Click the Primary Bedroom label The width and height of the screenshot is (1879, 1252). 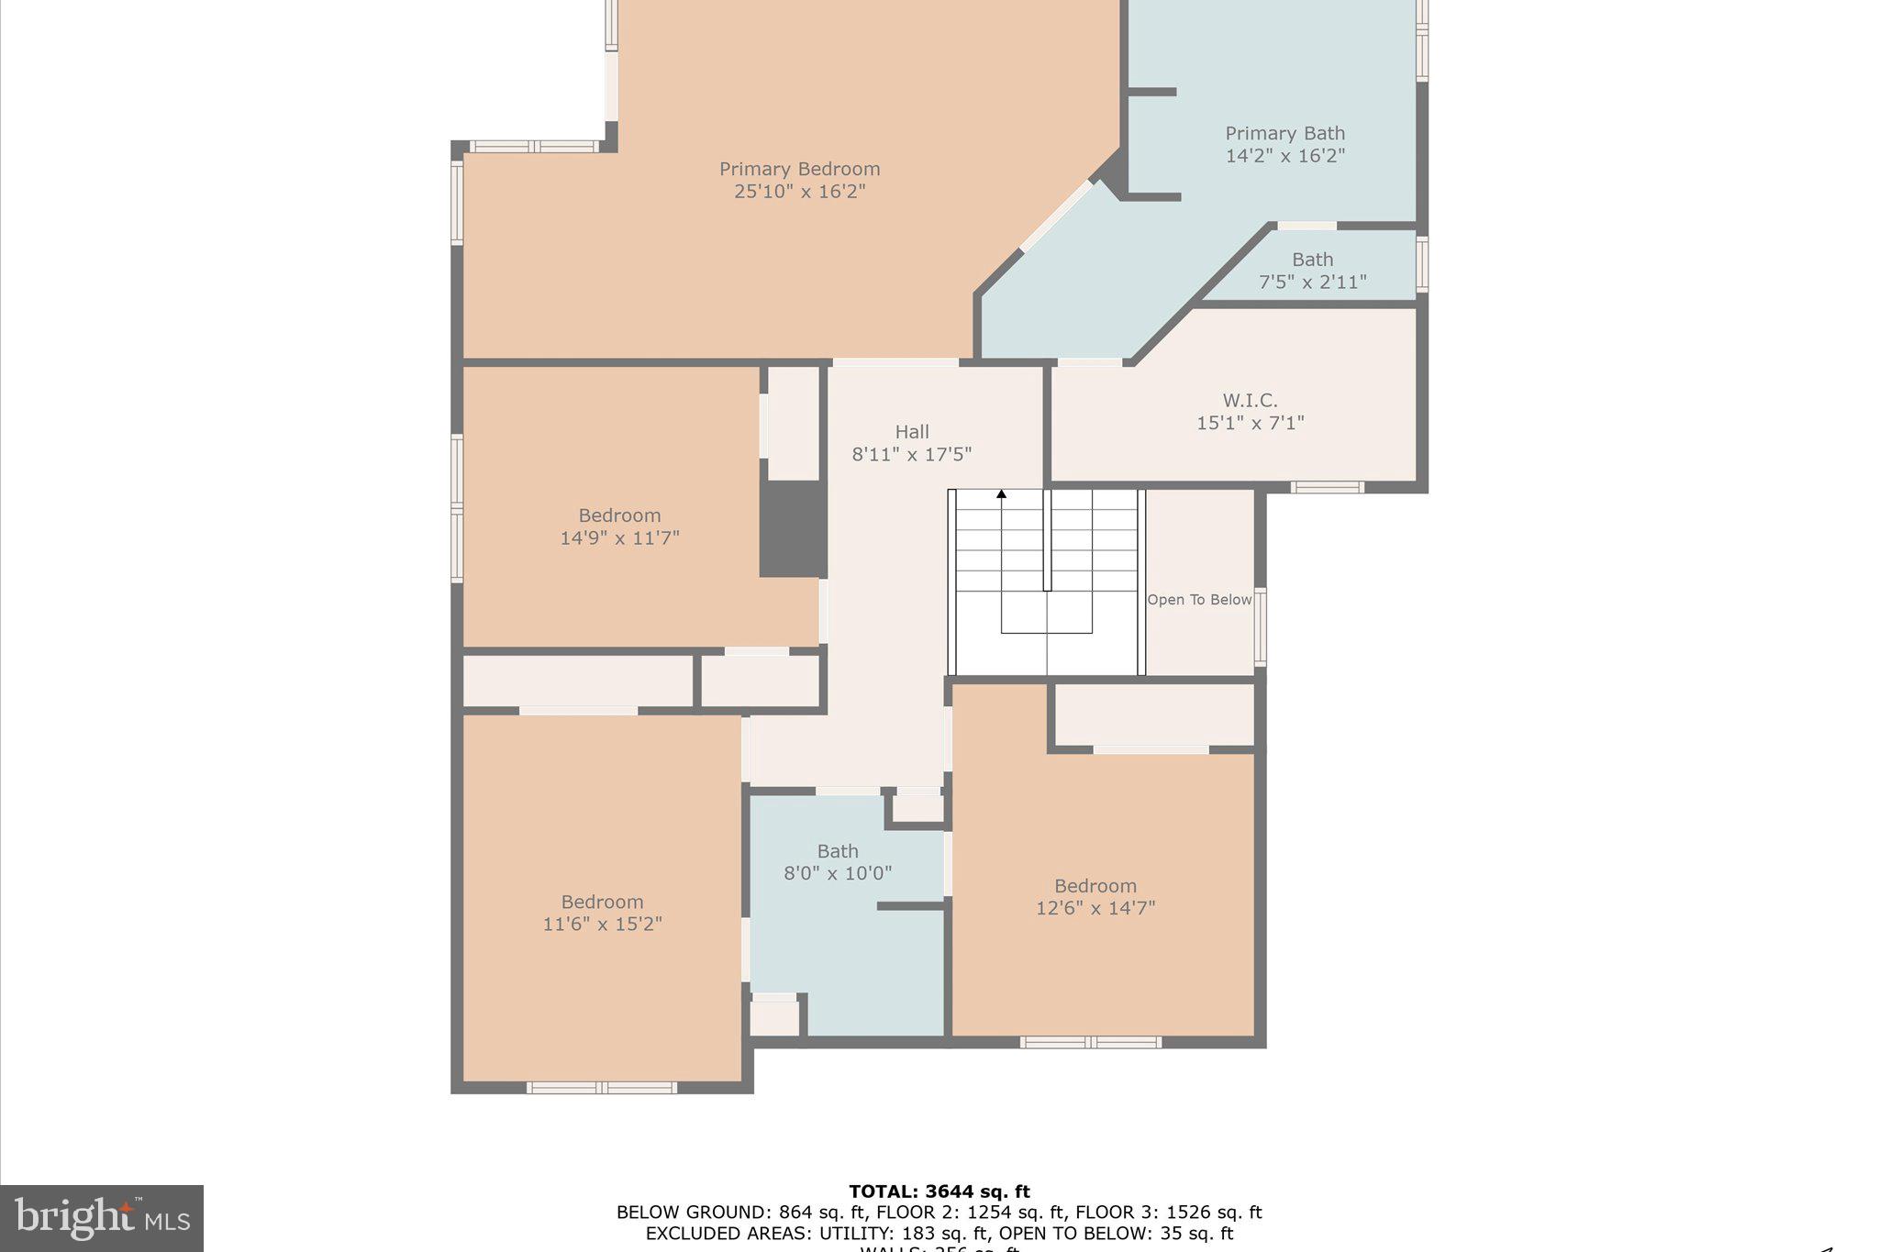click(799, 170)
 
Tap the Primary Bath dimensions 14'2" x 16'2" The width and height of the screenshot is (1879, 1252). click(1284, 156)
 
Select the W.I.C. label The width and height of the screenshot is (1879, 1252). click(1250, 401)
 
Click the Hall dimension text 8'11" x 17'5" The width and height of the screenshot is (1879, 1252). click(911, 454)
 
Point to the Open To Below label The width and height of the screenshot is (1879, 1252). click(1199, 600)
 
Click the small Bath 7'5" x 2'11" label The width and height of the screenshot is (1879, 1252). click(1312, 271)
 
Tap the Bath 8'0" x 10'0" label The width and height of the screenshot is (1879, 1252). click(837, 862)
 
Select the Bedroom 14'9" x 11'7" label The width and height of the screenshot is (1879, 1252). click(619, 526)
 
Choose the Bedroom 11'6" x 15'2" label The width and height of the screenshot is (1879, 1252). click(602, 913)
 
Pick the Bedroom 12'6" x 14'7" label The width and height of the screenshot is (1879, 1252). click(1095, 897)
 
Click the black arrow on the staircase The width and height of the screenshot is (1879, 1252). click(1002, 494)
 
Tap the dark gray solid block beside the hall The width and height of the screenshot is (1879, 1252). click(793, 529)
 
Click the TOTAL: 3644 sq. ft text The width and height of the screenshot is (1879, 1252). click(939, 1191)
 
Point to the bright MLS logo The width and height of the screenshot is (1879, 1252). click(102, 1218)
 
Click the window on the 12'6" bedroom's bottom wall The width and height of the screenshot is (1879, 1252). click(1090, 1042)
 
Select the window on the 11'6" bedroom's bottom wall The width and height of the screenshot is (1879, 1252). click(602, 1088)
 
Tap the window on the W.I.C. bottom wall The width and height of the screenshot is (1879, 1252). click(1327, 487)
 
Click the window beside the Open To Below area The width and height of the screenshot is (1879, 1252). click(1261, 626)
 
